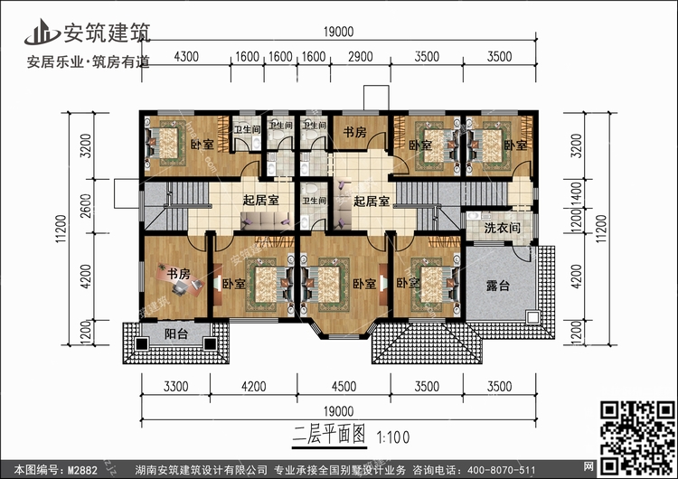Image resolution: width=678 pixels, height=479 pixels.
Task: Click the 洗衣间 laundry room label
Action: (x=502, y=228)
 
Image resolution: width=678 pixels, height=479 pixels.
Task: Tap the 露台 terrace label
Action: (x=498, y=286)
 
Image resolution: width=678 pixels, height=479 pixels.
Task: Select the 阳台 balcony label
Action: (x=176, y=333)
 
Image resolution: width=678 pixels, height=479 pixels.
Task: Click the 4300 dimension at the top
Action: (x=186, y=56)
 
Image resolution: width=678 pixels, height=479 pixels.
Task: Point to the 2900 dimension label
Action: (x=360, y=56)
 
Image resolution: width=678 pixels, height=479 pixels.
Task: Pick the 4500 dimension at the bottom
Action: (x=344, y=386)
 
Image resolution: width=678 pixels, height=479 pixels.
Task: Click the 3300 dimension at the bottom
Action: (x=176, y=386)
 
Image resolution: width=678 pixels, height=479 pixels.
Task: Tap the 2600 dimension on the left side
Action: (x=86, y=206)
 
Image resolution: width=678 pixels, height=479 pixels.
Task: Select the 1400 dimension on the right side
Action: (x=577, y=193)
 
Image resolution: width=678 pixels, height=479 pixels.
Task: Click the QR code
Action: (x=637, y=437)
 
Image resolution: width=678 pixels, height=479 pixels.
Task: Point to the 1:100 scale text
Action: (x=393, y=437)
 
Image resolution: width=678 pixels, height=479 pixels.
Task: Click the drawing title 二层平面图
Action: (x=329, y=435)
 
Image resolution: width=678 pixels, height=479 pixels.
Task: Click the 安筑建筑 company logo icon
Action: (x=42, y=32)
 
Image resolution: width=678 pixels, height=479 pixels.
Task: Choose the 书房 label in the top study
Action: (x=354, y=132)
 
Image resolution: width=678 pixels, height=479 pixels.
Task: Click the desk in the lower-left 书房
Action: (x=180, y=280)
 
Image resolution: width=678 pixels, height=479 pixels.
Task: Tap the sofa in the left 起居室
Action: (x=266, y=221)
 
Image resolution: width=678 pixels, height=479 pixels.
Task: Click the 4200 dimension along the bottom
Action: (x=254, y=386)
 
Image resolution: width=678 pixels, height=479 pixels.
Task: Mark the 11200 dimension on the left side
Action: (x=61, y=229)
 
